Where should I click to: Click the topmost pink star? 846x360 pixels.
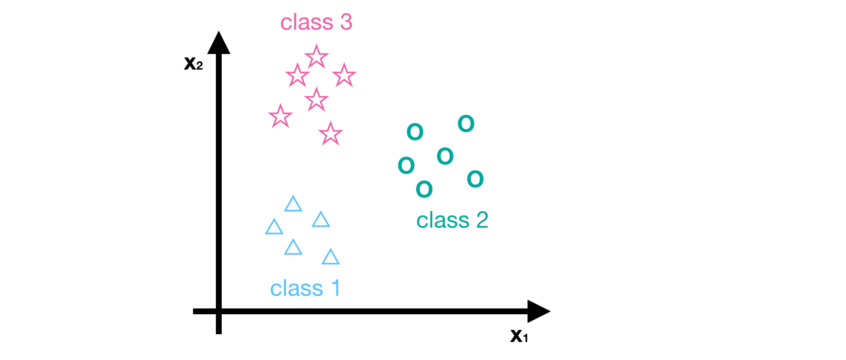317,57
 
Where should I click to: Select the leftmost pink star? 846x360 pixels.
281,116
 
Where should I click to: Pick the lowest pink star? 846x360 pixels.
331,134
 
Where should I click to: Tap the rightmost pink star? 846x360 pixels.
344,75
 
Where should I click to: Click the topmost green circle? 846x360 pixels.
466,124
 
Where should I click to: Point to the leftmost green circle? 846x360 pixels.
406,165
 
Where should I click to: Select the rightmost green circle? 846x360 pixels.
475,179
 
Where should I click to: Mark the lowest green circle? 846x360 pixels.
424,189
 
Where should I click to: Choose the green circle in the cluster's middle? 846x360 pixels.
445,156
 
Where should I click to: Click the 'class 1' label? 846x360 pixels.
305,288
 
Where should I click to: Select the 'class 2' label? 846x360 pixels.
452,220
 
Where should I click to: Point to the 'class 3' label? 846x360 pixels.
316,22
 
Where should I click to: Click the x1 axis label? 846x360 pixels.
519,336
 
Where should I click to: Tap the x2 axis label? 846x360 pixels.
193,63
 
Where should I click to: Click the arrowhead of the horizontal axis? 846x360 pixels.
539,311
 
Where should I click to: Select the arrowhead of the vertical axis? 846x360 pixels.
219,43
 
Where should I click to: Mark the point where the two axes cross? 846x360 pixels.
219,311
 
